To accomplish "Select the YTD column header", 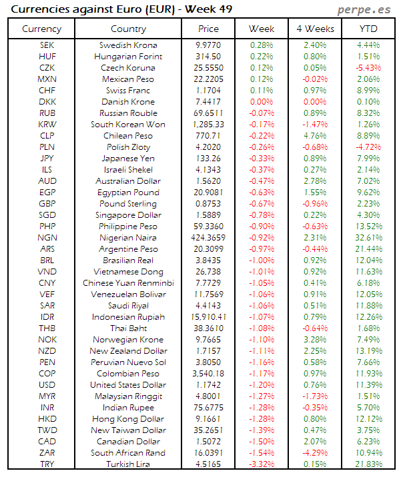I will [x=368, y=29].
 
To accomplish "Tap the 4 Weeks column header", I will [x=315, y=29].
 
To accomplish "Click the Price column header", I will [x=208, y=29].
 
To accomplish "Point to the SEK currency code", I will [x=42, y=45].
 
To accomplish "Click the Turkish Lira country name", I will [x=128, y=464].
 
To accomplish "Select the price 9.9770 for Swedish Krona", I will [x=208, y=45].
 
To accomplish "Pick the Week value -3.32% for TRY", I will [x=262, y=464].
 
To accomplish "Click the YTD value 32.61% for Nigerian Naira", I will [x=368, y=237].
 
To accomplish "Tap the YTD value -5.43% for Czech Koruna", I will [x=368, y=68].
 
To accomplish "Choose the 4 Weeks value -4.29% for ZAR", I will [x=315, y=453].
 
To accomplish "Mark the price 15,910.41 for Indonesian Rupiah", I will [x=208, y=317].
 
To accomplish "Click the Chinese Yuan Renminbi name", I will [x=128, y=283].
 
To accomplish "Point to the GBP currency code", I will [x=42, y=204].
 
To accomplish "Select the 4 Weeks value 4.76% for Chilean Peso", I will [x=315, y=136].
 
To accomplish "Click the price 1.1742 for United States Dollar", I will [x=208, y=385].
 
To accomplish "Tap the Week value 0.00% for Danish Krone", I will [x=262, y=102].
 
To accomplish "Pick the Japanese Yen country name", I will [x=128, y=159].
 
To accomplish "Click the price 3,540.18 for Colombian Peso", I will [x=208, y=374].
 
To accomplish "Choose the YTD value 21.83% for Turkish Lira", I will [x=368, y=464].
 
